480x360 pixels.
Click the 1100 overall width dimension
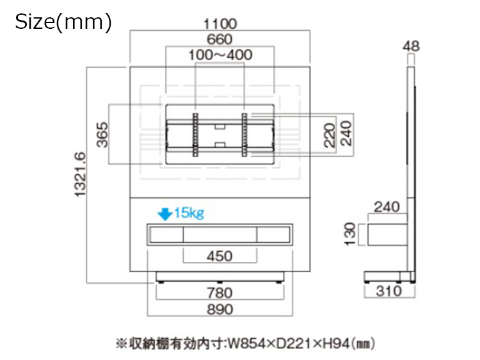click(x=220, y=24)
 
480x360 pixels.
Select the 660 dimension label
click(x=220, y=40)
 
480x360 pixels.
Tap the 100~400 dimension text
click(x=220, y=55)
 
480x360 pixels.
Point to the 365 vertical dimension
click(x=102, y=135)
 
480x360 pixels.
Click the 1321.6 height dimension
click(x=81, y=174)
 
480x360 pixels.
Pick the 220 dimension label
click(x=330, y=135)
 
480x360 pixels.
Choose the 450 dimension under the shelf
click(x=220, y=256)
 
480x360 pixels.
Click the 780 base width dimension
click(x=220, y=293)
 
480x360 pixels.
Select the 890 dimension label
click(x=220, y=309)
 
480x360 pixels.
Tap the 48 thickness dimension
click(x=411, y=46)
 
